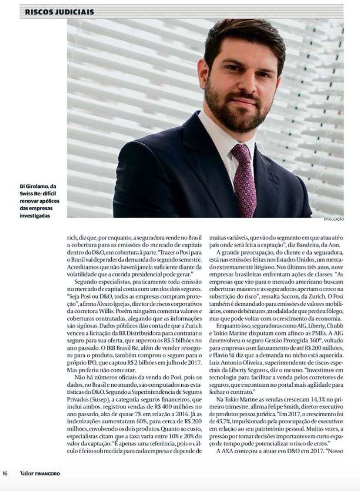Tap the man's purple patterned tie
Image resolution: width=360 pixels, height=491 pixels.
coord(244,174)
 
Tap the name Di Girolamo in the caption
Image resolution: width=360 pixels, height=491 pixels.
coord(25,186)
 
